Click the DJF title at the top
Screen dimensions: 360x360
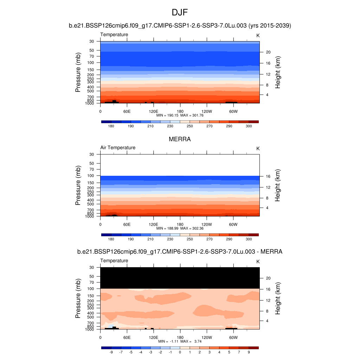click(180, 13)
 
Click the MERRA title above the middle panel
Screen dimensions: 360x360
click(180, 139)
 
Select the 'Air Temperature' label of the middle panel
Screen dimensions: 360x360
click(118, 148)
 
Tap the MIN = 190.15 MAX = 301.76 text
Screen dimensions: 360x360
click(180, 115)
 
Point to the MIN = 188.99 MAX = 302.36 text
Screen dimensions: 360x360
click(180, 228)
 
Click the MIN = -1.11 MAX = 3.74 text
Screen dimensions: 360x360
click(180, 341)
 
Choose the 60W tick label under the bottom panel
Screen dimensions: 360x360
click(233, 337)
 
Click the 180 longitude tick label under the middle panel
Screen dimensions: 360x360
click(180, 224)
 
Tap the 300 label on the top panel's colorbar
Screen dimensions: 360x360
click(249, 126)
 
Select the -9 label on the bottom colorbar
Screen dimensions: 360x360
click(111, 352)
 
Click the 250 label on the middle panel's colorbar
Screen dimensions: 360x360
click(189, 239)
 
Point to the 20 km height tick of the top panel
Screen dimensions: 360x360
click(268, 52)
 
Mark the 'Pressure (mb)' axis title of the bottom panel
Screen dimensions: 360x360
click(78, 298)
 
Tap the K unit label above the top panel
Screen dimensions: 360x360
click(258, 36)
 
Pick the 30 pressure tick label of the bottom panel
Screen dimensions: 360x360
click(92, 267)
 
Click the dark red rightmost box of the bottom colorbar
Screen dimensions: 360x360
click(253, 348)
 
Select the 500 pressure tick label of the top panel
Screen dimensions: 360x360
click(91, 91)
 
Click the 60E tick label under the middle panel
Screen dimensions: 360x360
click(127, 224)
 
